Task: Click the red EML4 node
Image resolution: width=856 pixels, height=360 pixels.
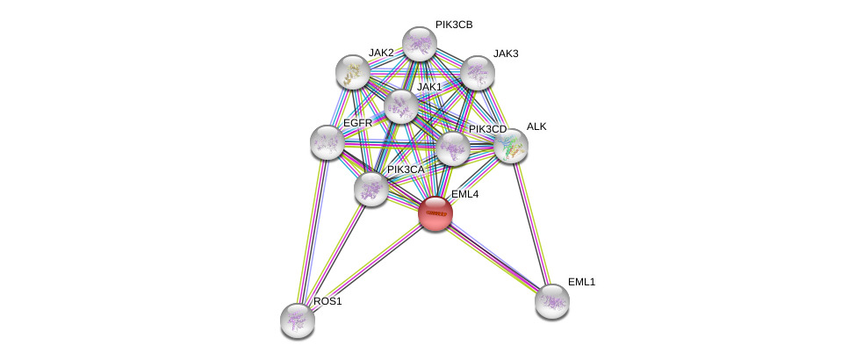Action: [x=435, y=213]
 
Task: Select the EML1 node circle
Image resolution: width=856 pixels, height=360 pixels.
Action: [x=552, y=301]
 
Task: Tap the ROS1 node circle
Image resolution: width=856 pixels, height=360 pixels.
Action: [x=298, y=320]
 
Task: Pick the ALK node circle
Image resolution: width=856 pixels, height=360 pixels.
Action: [x=510, y=145]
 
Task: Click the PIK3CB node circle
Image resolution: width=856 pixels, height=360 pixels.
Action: [x=420, y=44]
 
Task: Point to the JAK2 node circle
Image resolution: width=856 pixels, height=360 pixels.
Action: [x=353, y=72]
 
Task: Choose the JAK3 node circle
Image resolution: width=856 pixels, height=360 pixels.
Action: [x=478, y=73]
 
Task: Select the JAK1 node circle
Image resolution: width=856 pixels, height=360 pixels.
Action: [x=401, y=106]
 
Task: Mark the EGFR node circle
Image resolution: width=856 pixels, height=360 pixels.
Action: [x=327, y=141]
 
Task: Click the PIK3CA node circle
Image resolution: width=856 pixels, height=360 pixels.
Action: [x=371, y=188]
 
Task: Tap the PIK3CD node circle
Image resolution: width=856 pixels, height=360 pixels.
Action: [x=453, y=148]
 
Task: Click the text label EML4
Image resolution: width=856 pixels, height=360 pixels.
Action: [x=464, y=194]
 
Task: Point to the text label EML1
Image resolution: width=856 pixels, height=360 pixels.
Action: [x=581, y=282]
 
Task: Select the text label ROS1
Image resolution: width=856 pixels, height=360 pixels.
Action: [x=327, y=301]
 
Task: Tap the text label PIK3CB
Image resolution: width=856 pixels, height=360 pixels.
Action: [x=453, y=25]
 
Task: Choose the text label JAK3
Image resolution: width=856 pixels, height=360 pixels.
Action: [x=505, y=54]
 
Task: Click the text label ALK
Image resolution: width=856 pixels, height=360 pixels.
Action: [x=536, y=126]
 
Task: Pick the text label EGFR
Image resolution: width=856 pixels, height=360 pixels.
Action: [x=357, y=123]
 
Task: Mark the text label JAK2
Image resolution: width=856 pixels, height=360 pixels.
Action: [x=381, y=53]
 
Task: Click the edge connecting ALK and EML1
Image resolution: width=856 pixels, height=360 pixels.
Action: [x=531, y=223]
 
